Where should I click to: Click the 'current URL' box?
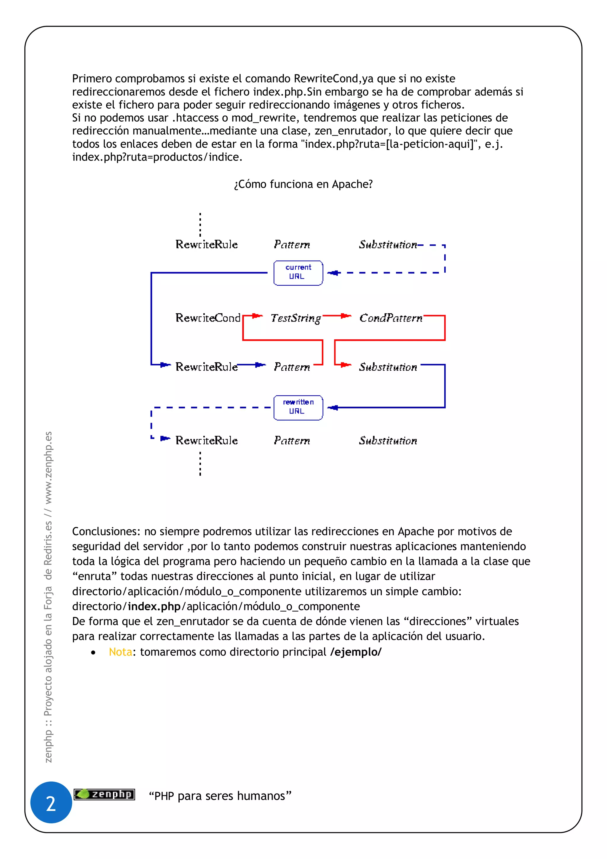(x=298, y=273)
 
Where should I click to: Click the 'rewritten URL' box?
(x=298, y=408)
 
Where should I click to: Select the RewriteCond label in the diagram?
(x=208, y=318)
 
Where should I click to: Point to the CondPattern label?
(x=391, y=318)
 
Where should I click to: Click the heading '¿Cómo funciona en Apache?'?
(x=303, y=184)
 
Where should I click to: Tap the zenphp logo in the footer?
(x=104, y=794)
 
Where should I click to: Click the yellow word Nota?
(x=120, y=652)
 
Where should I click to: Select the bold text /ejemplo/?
(x=356, y=652)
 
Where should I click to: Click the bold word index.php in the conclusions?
(x=154, y=606)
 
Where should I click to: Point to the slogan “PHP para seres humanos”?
(x=220, y=796)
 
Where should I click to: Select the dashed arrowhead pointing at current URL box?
(x=334, y=273)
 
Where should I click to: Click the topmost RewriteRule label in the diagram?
(x=206, y=244)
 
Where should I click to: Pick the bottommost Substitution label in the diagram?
(x=388, y=440)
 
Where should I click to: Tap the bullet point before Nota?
(x=93, y=653)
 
